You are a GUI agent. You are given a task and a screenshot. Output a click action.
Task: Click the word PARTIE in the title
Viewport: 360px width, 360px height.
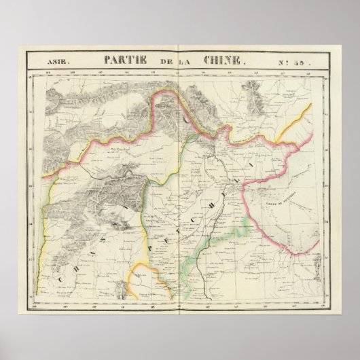(x=128, y=60)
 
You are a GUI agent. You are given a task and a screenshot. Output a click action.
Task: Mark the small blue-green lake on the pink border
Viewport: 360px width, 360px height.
(x=195, y=136)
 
